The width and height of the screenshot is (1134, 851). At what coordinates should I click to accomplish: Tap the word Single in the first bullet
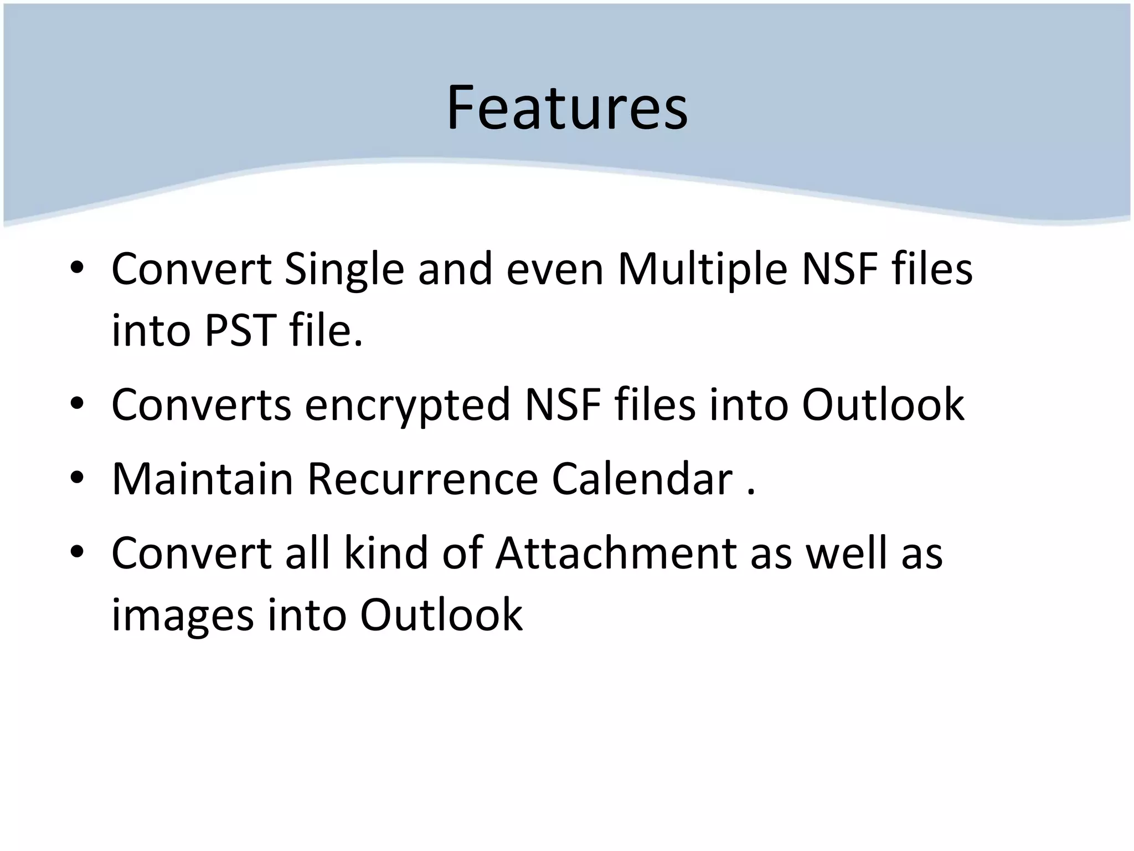click(x=344, y=270)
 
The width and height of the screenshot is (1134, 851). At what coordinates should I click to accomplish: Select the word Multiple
click(x=702, y=270)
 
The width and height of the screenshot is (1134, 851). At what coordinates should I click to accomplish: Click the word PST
click(x=240, y=331)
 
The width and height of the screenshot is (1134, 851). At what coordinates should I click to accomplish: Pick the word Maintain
click(x=202, y=479)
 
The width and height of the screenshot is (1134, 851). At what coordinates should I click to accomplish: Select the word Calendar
click(x=642, y=479)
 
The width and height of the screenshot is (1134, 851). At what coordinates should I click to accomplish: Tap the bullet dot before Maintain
click(x=77, y=478)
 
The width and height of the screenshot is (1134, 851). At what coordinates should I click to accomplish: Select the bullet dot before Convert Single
click(x=77, y=269)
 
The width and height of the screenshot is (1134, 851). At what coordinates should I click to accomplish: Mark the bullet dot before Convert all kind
click(x=77, y=552)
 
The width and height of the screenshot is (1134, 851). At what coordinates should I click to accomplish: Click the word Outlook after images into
click(x=441, y=615)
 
